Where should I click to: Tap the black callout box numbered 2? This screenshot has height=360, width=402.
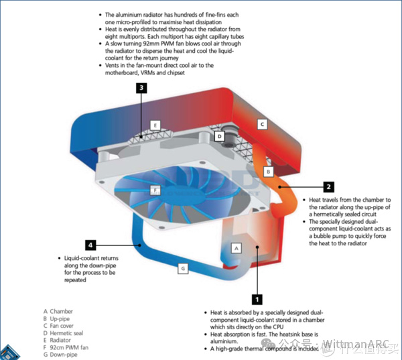pyautogui.click(x=328, y=187)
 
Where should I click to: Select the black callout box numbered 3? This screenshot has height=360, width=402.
pyautogui.click(x=141, y=87)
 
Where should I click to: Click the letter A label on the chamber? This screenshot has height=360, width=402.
pyautogui.click(x=235, y=247)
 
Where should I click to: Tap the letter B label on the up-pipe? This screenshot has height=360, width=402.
pyautogui.click(x=268, y=172)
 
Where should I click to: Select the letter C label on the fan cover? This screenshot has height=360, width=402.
pyautogui.click(x=263, y=124)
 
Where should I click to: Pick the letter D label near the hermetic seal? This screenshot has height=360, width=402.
pyautogui.click(x=219, y=136)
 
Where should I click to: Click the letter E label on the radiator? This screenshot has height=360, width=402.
pyautogui.click(x=155, y=125)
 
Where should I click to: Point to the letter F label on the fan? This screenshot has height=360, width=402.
pyautogui.click(x=155, y=190)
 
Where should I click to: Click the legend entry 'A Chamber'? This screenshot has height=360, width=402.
pyautogui.click(x=58, y=311)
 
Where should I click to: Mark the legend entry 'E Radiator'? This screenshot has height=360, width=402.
pyautogui.click(x=59, y=341)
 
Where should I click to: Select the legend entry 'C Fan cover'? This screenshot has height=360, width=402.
pyautogui.click(x=60, y=326)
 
